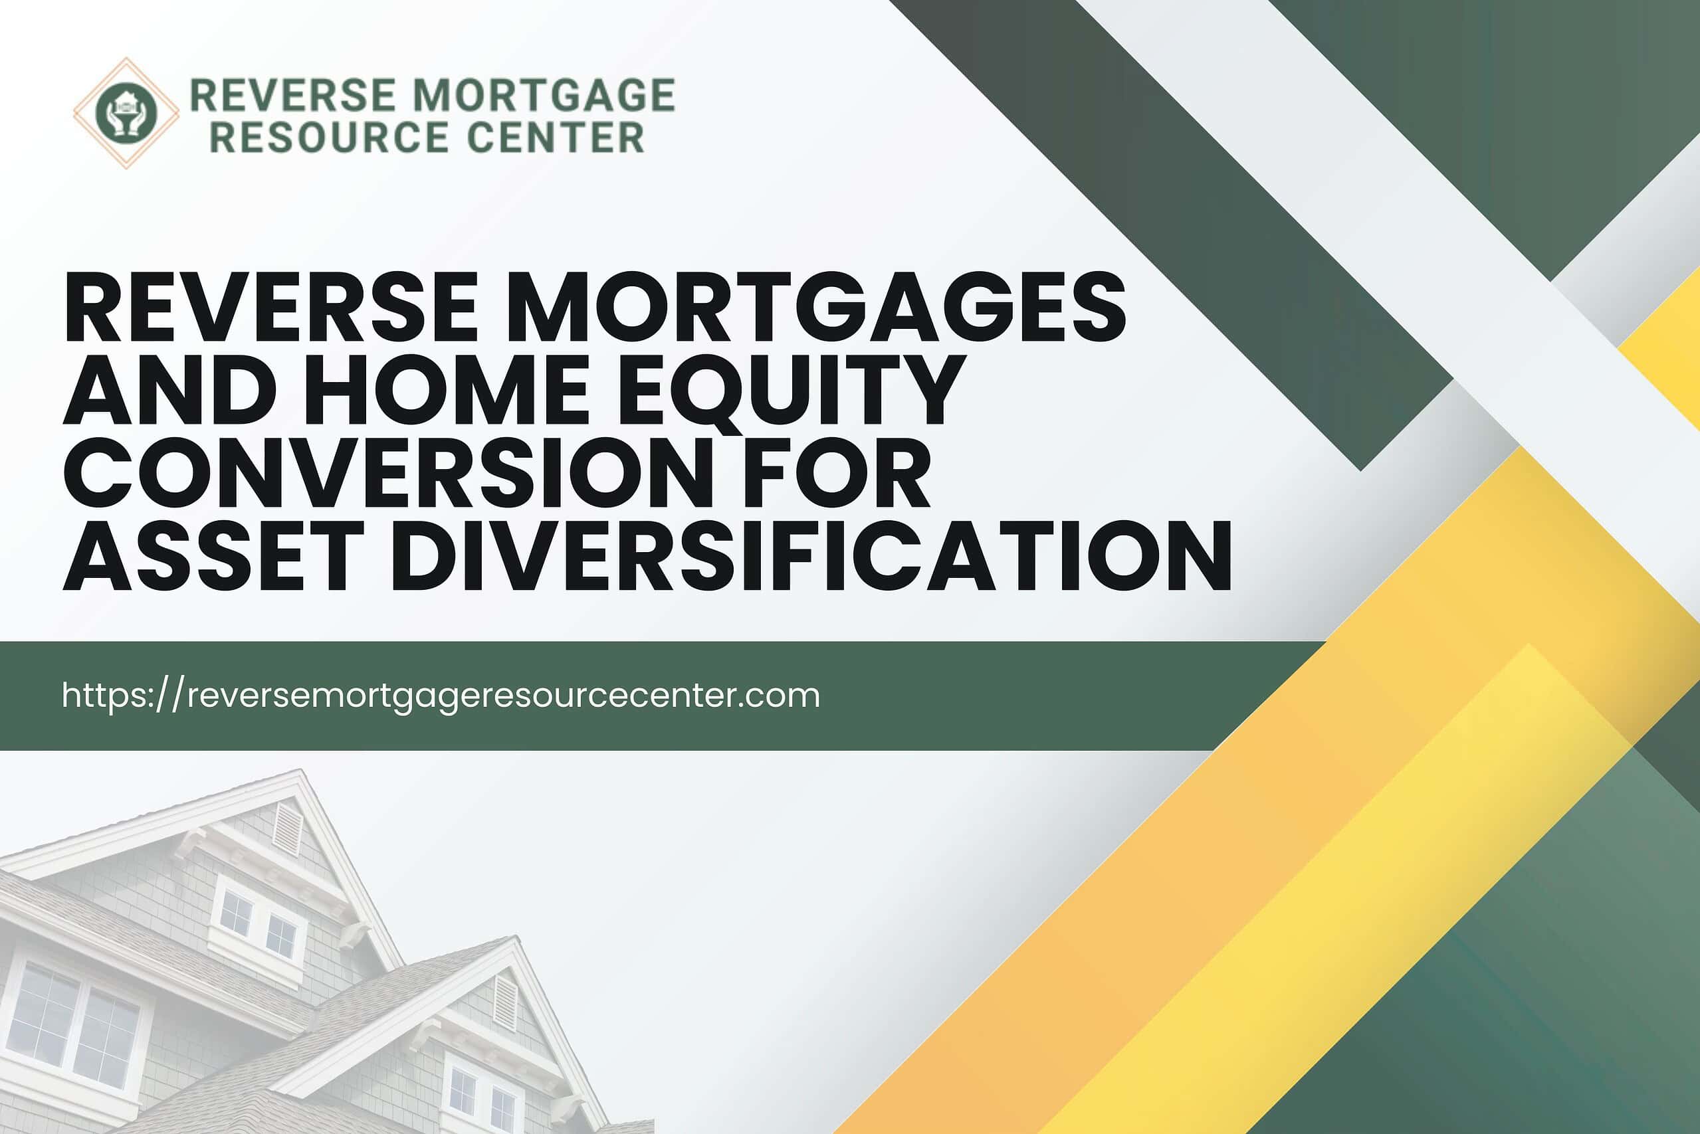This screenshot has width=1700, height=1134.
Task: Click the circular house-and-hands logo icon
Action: (x=126, y=113)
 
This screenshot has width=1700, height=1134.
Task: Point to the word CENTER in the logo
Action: (x=556, y=138)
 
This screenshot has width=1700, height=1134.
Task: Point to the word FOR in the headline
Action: (x=833, y=472)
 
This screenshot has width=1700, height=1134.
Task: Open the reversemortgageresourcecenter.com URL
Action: (x=441, y=696)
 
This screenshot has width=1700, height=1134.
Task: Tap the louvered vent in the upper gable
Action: (x=287, y=829)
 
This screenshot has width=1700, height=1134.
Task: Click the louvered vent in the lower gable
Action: (x=504, y=1002)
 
